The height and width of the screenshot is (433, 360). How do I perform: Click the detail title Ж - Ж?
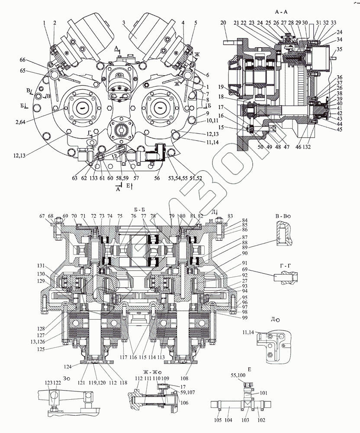tap(151, 372)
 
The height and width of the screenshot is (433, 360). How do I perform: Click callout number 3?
tap(123, 23)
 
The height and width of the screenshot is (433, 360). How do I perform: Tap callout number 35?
tap(339, 49)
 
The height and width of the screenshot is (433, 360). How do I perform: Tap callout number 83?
tap(230, 216)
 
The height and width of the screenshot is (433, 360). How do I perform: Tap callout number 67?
tap(42, 216)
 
